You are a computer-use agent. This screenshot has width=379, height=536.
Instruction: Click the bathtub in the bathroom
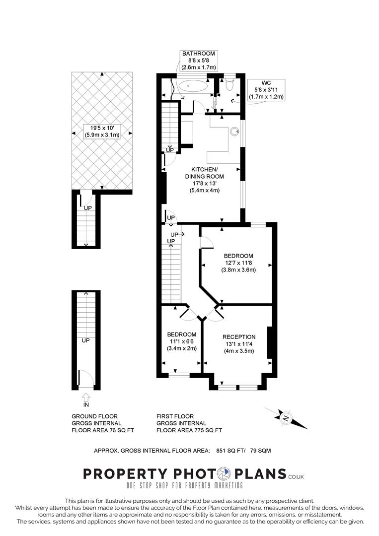pos(193,86)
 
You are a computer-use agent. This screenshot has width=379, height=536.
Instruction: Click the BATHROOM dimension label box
pos(198,61)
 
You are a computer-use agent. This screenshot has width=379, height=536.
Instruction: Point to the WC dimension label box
pos(266,90)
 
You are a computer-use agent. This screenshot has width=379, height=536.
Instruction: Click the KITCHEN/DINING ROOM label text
pos(205,173)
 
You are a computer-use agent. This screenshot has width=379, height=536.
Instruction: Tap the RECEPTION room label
pos(239,337)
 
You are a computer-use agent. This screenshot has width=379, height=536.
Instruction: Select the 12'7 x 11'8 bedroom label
pos(238,263)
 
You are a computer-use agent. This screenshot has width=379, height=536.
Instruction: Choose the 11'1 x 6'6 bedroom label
pos(182,341)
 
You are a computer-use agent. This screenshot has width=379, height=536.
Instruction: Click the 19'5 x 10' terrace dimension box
pos(102,132)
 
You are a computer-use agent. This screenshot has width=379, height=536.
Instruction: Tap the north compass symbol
pos(286,417)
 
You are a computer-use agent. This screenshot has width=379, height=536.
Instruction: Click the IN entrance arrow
pos(86,397)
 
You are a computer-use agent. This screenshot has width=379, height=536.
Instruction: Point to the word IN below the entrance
pos(86,405)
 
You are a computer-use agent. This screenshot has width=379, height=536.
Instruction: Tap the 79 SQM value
pos(260,451)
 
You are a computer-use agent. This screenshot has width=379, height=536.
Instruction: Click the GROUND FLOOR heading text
pos(95,416)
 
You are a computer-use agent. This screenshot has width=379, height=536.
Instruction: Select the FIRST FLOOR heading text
pos(175,416)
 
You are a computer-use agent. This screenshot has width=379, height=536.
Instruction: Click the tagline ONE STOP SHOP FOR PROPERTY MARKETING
pos(185,485)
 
